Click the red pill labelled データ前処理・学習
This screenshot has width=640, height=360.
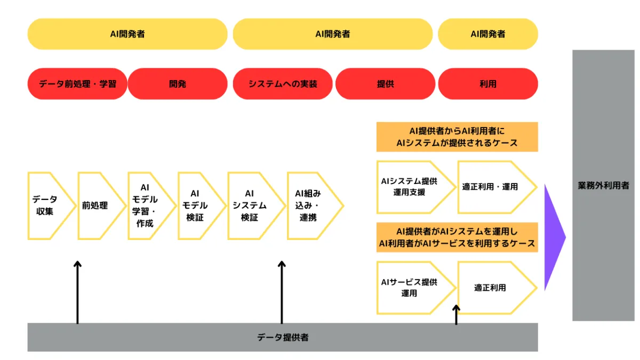[77, 84]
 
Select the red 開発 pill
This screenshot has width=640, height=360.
[178, 84]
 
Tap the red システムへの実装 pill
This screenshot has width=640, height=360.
[283, 84]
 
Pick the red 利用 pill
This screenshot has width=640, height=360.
[487, 84]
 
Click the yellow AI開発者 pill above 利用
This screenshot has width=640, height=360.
[487, 34]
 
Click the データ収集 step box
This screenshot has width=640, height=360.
[47, 205]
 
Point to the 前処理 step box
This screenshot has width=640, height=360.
[96, 205]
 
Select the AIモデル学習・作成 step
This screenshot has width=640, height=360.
[146, 205]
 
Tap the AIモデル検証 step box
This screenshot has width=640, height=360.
[196, 205]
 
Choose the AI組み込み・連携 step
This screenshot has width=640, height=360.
[309, 205]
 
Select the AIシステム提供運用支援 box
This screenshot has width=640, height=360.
[411, 187]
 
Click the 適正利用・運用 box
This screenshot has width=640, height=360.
[491, 187]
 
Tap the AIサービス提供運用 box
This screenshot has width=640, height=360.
[411, 287]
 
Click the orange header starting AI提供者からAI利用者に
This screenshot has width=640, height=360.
[457, 137]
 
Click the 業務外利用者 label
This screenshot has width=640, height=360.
[603, 186]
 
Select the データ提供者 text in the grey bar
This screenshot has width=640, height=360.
[283, 337]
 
